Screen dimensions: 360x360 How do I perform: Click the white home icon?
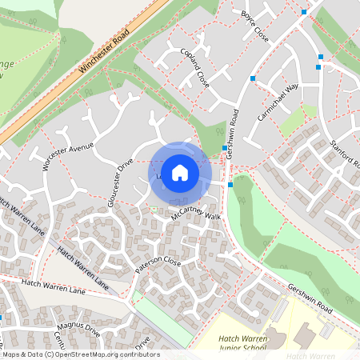(180, 172)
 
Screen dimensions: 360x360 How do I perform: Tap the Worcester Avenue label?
(68, 156)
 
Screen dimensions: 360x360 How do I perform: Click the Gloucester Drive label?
(120, 182)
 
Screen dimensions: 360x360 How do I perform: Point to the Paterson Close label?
(158, 265)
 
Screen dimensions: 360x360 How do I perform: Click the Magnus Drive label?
(77, 329)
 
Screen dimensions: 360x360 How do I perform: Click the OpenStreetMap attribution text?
(80, 354)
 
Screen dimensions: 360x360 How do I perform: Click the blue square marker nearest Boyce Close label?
(304, 12)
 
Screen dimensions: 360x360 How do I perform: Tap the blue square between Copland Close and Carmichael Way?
(253, 78)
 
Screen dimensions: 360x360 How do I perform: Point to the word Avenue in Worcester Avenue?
(81, 149)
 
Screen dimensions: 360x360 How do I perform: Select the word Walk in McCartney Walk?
(211, 216)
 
